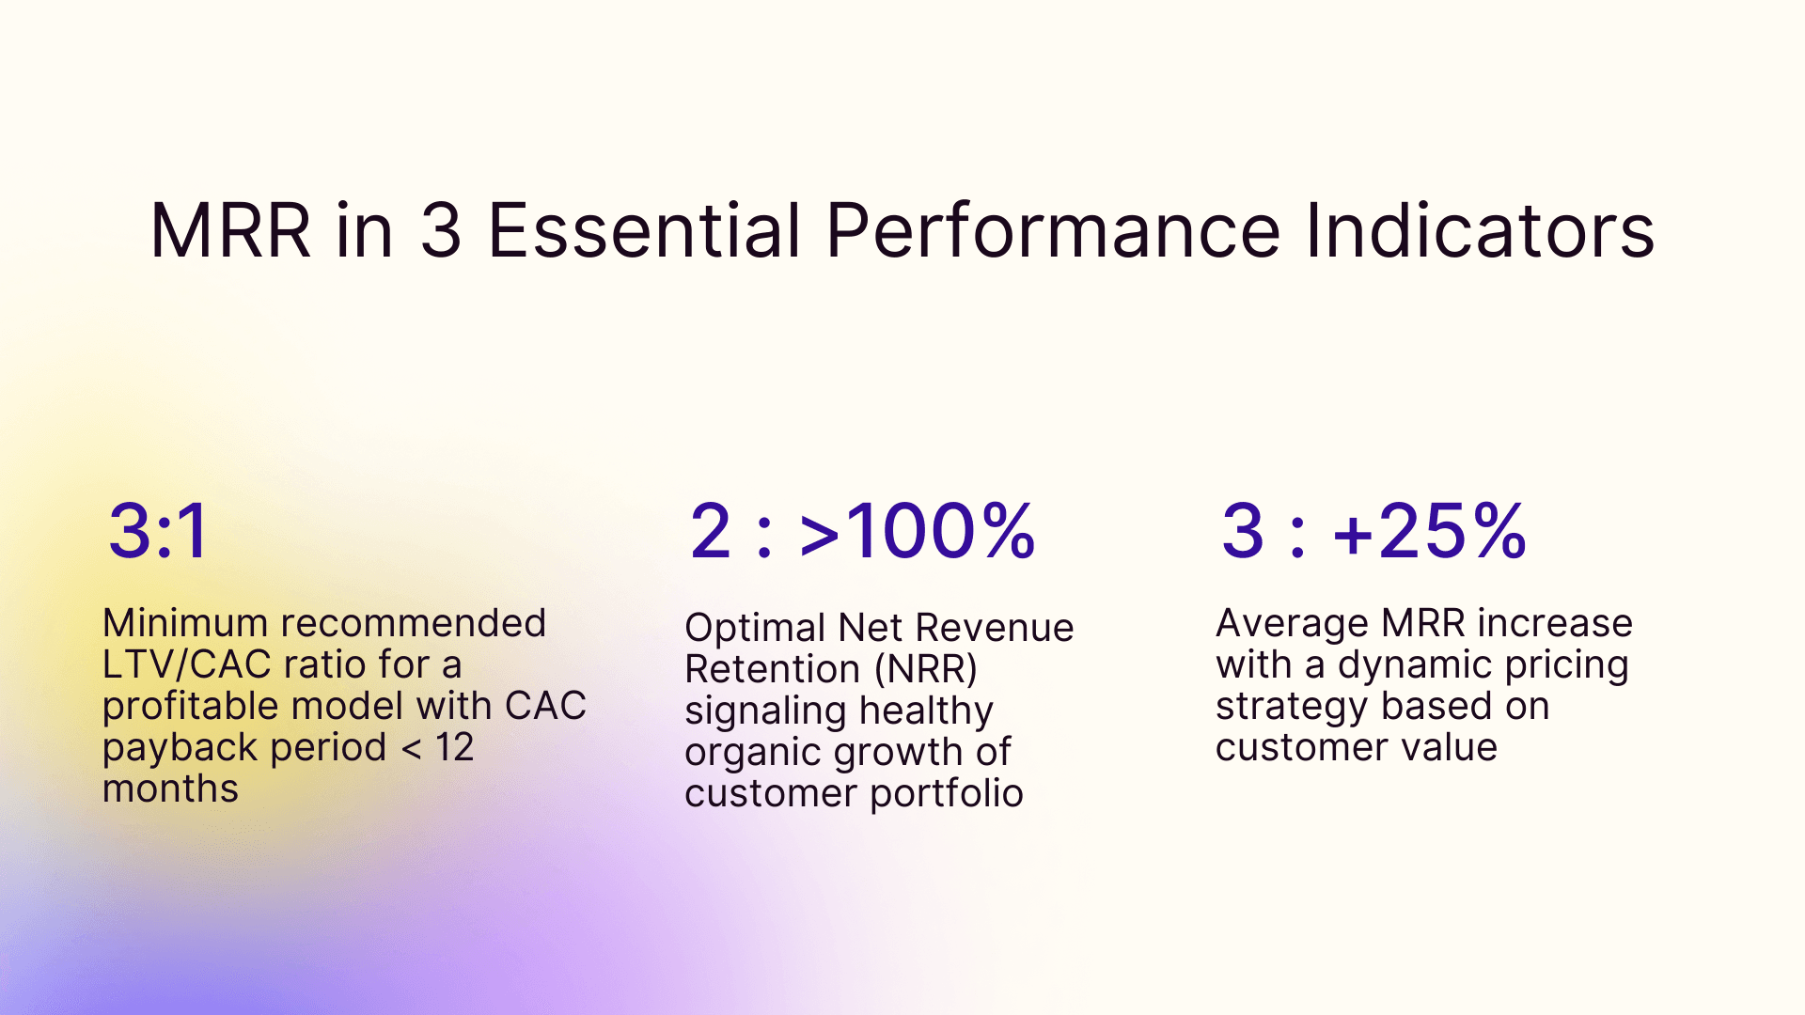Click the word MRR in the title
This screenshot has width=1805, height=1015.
pos(230,231)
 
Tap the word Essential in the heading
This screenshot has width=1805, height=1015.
pos(644,231)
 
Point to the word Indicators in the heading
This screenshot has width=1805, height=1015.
pos(1480,231)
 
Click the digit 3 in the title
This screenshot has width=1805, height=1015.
pos(440,231)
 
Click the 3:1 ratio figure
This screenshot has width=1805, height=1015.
pos(158,532)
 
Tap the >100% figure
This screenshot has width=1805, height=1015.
pos(917,532)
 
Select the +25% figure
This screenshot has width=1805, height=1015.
pos(1429,532)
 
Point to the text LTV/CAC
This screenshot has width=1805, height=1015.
pos(187,664)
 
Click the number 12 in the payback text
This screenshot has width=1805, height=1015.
pos(454,747)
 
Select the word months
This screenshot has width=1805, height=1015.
pos(170,789)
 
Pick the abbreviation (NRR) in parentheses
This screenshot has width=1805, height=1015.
pos(926,669)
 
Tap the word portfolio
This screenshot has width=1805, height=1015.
pos(946,793)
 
